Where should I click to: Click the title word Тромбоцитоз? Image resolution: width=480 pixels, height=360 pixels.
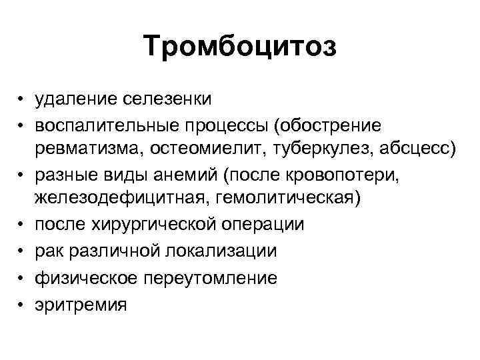click(240, 48)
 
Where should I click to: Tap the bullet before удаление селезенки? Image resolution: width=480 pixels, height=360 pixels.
click(23, 99)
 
